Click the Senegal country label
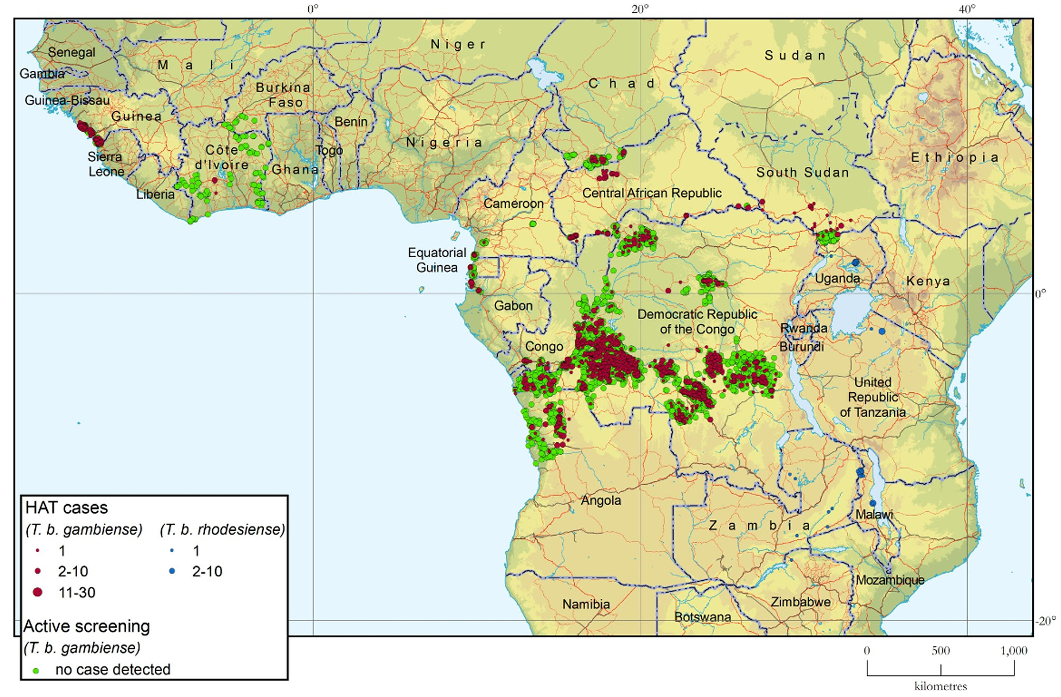[x=71, y=53]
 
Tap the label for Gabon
[x=513, y=306]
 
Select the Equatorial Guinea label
[x=437, y=260]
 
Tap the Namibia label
[x=586, y=604]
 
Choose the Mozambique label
[x=890, y=580]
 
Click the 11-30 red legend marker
[x=38, y=592]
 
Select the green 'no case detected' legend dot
[x=36, y=670]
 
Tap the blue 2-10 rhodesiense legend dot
[x=172, y=571]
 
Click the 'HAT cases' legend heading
[x=66, y=508]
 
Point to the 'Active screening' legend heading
[x=86, y=627]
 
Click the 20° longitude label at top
[x=640, y=9]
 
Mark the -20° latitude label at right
[x=1045, y=621]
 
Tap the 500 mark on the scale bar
[x=940, y=651]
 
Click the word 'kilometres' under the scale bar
[x=941, y=686]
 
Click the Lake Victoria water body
[x=851, y=312]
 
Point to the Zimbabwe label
[x=801, y=602]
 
